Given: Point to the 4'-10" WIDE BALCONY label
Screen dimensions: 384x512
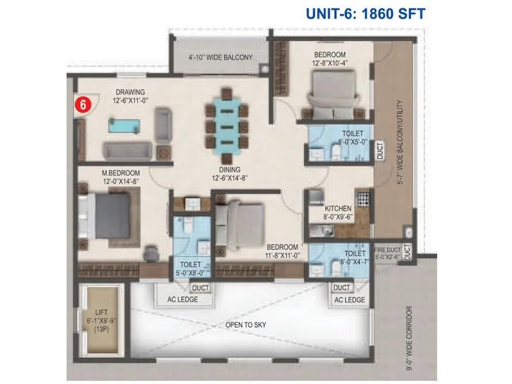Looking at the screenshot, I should (220, 58).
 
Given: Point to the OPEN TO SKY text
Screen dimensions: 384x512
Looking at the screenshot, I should (246, 326).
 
